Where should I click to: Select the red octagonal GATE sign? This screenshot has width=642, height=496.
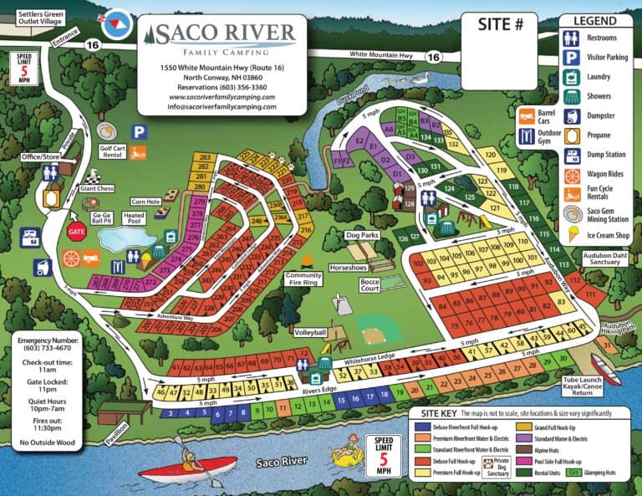77,231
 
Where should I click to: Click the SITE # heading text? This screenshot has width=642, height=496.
506,25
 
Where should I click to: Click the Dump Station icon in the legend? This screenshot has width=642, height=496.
572,156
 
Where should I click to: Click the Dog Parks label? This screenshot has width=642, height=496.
362,236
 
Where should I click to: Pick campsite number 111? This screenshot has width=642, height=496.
591,294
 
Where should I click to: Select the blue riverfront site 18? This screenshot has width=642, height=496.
384,393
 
